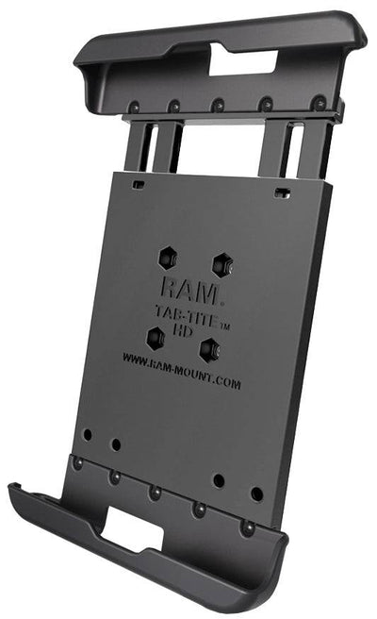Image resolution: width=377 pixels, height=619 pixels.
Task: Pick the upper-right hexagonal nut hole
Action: [x=221, y=263]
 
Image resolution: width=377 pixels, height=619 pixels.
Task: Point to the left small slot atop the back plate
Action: [x=139, y=184]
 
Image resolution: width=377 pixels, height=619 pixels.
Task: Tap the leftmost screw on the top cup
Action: [x=135, y=107]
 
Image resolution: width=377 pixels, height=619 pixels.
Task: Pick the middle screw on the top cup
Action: [x=218, y=106]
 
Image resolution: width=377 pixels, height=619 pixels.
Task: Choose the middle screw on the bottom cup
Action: [x=155, y=493]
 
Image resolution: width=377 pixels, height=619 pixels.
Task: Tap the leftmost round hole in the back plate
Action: [x=87, y=436]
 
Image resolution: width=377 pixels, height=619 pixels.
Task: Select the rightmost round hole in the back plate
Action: [x=256, y=494]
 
